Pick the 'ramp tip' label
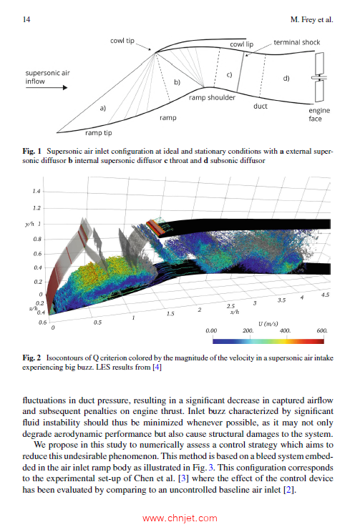pos(99,132)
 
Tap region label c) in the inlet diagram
pos(229,74)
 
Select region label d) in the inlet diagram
pos(286,77)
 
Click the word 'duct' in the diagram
pos(261,107)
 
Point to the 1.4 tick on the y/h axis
pos(36,192)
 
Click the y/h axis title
pos(30,224)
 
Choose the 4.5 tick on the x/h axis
pos(325,295)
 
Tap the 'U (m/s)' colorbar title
pos(268,322)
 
